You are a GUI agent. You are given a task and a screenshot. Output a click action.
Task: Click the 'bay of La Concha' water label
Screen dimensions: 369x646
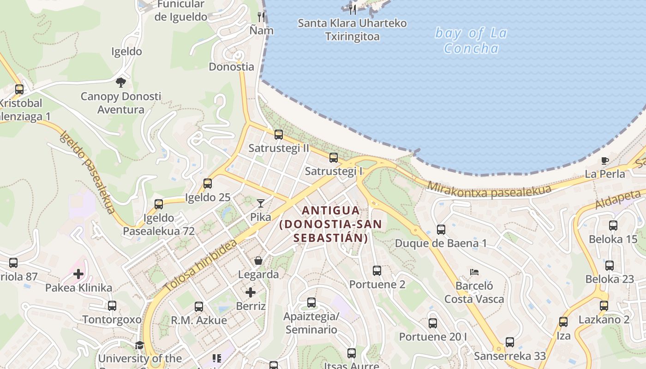[x=471, y=41]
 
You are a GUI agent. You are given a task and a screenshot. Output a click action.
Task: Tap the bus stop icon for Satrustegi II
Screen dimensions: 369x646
[x=279, y=135]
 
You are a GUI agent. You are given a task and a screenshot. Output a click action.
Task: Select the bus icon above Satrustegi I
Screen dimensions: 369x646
[x=334, y=158]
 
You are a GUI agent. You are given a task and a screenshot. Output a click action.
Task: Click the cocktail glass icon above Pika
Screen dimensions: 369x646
[x=261, y=203]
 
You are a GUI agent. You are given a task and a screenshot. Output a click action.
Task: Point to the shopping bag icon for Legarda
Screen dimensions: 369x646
[x=258, y=261]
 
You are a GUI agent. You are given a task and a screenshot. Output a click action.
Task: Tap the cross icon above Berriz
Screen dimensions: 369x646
[x=251, y=292]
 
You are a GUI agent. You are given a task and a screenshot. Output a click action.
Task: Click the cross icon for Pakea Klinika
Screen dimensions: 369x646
[x=78, y=274]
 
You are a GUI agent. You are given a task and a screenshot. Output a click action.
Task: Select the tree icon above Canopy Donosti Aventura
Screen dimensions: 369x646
[x=121, y=83]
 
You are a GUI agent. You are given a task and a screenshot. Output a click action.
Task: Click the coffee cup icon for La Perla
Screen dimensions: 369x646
[x=605, y=161]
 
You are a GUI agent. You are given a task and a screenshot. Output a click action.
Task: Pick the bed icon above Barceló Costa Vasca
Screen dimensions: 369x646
[x=474, y=272]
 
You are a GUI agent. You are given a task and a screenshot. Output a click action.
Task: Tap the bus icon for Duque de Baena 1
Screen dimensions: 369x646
[x=441, y=229]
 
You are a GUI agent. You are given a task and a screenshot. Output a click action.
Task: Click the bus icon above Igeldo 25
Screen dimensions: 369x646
[x=208, y=184]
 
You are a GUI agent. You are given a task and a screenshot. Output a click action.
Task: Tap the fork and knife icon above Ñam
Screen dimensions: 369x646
[x=262, y=17]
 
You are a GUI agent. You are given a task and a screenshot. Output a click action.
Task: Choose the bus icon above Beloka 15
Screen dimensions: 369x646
[x=613, y=226]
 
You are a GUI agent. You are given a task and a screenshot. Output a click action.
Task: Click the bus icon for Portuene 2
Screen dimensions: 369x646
[x=377, y=271]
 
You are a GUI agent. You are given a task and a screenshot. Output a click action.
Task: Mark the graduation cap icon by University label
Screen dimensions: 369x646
[x=139, y=345]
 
